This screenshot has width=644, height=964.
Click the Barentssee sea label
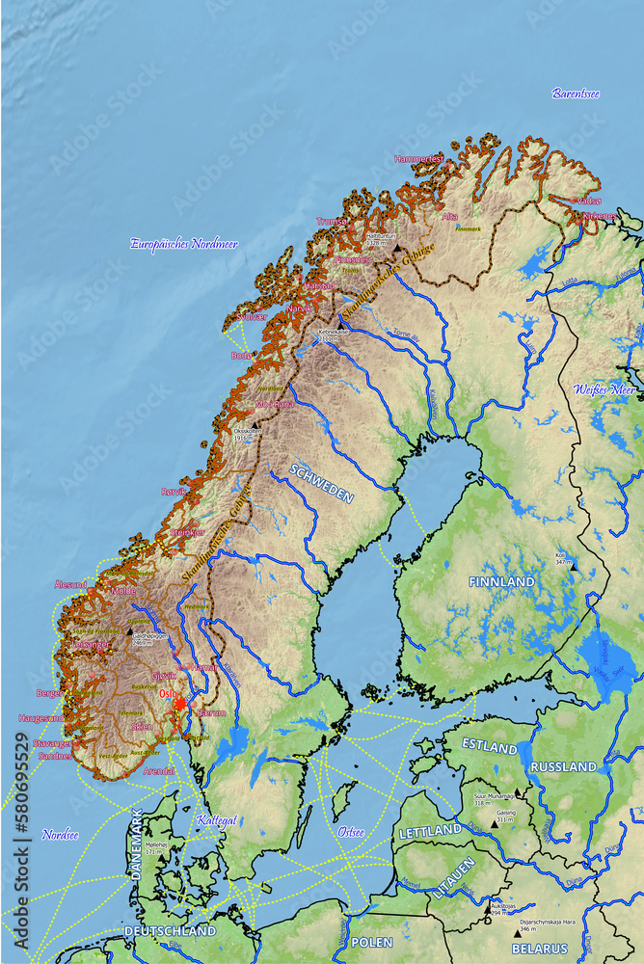(576, 94)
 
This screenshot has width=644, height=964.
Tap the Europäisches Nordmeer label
(183, 244)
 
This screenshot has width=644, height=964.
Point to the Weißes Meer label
(604, 389)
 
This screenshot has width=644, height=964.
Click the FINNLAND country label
(501, 582)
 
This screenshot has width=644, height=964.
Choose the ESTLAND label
(489, 745)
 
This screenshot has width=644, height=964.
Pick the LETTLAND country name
(430, 830)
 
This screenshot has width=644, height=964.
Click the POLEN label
(371, 941)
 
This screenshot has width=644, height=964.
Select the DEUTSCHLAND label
(170, 931)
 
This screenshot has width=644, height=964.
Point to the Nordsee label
(60, 834)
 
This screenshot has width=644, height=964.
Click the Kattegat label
(216, 820)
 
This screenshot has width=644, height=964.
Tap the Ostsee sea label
(351, 831)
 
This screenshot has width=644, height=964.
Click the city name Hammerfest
(418, 158)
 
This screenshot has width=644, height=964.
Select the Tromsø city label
(332, 221)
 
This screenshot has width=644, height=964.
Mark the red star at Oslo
(179, 705)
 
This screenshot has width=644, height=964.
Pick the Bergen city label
(49, 692)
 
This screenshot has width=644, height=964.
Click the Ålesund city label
(70, 584)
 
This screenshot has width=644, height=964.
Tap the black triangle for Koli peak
(573, 567)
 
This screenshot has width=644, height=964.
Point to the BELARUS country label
(540, 949)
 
